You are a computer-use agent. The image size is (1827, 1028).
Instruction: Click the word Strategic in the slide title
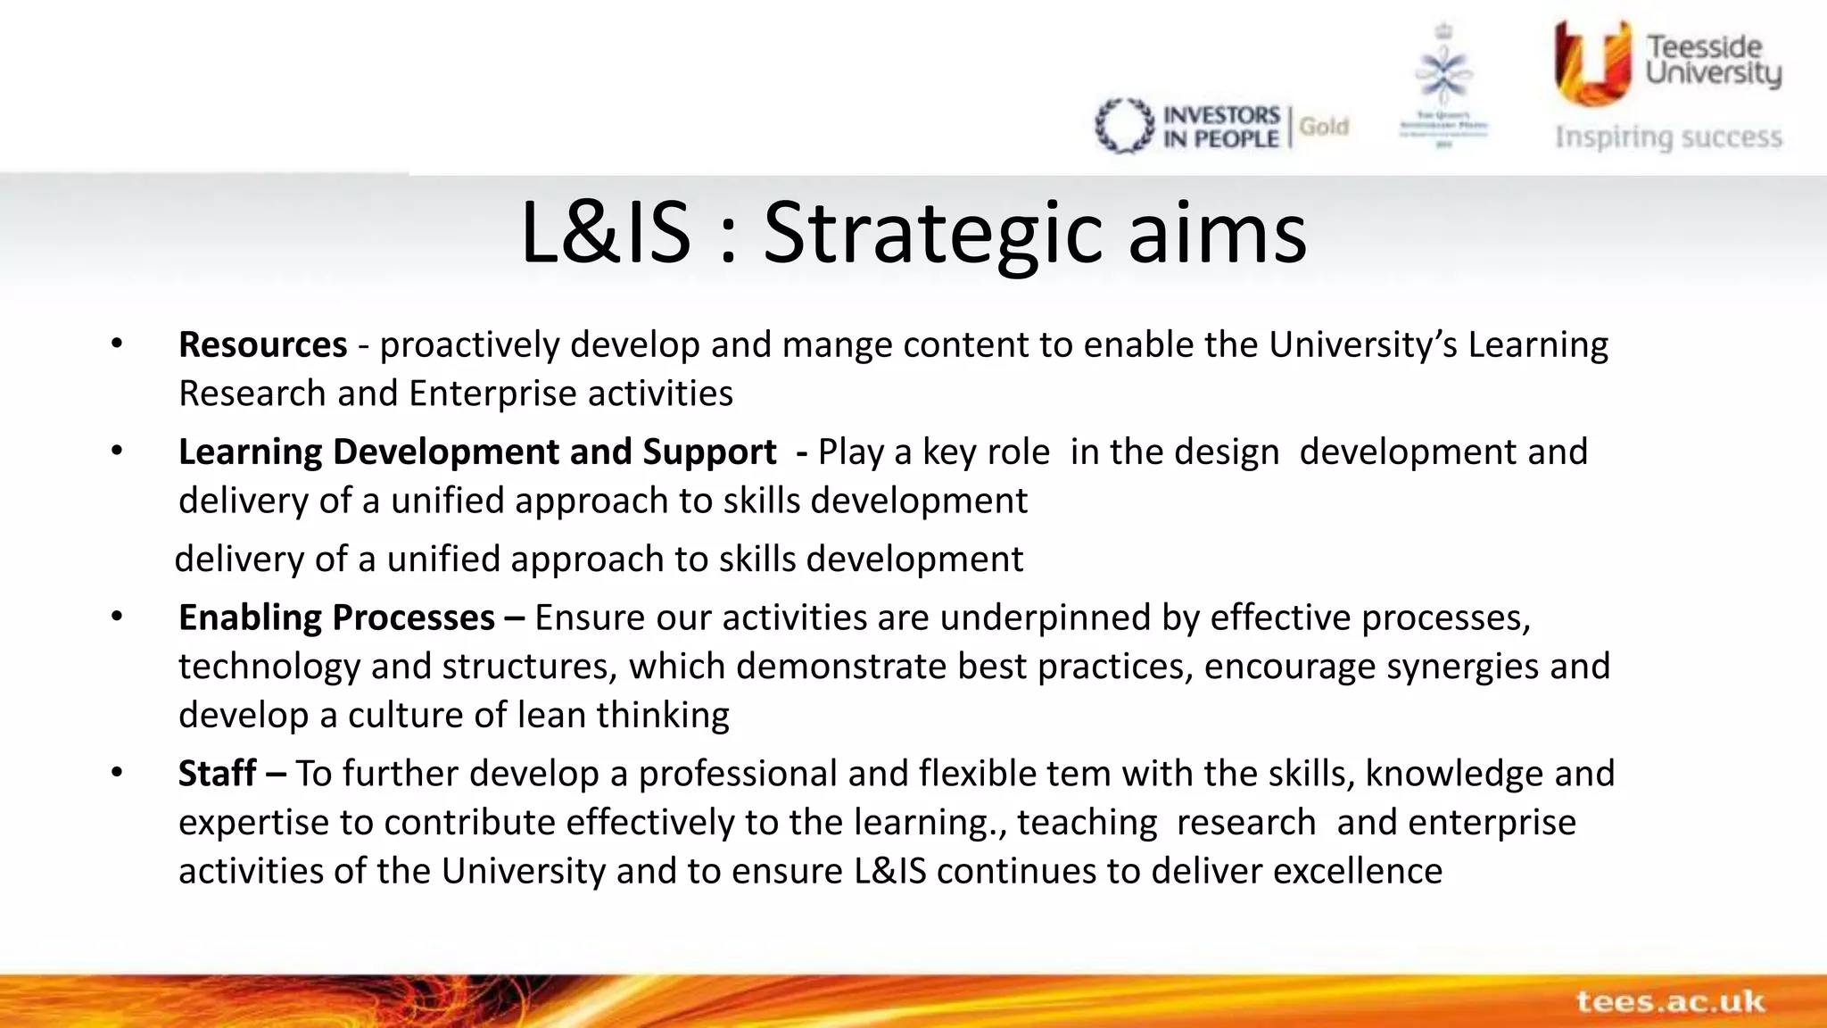coord(932,234)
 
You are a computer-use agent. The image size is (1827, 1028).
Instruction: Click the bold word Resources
coord(262,344)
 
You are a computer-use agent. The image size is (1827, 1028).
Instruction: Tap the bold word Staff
coord(217,774)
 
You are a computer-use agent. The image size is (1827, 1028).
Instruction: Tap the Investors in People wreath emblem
coord(1124,126)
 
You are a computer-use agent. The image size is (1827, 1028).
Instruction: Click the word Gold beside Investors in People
coord(1323,127)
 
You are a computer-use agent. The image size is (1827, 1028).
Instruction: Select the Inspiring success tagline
coord(1668,137)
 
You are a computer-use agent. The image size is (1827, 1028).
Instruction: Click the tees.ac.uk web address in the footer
coord(1670,1001)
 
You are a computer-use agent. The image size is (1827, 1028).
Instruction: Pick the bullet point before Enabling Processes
coord(117,617)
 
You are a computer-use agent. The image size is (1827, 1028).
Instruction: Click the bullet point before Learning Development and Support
coord(117,452)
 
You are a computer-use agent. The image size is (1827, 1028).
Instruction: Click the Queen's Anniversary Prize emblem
coord(1443,86)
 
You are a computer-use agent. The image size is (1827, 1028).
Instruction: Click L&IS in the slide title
coord(605,234)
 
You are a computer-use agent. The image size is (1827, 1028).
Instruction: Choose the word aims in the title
coord(1217,234)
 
